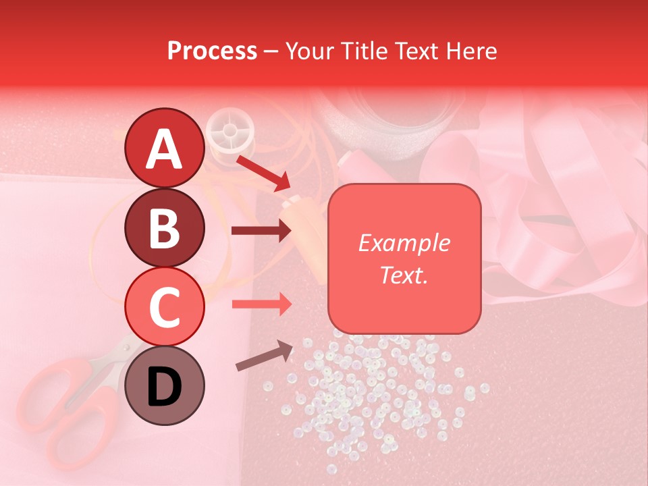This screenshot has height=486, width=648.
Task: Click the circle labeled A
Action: tap(164, 148)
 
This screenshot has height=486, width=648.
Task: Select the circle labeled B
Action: tap(164, 227)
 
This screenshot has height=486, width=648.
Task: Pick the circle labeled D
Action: tap(164, 385)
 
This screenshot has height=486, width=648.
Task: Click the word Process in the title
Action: tap(212, 51)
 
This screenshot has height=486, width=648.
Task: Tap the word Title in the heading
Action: tap(363, 51)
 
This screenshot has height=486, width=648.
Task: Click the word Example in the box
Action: tap(404, 243)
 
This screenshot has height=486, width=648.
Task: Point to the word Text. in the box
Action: tap(404, 275)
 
